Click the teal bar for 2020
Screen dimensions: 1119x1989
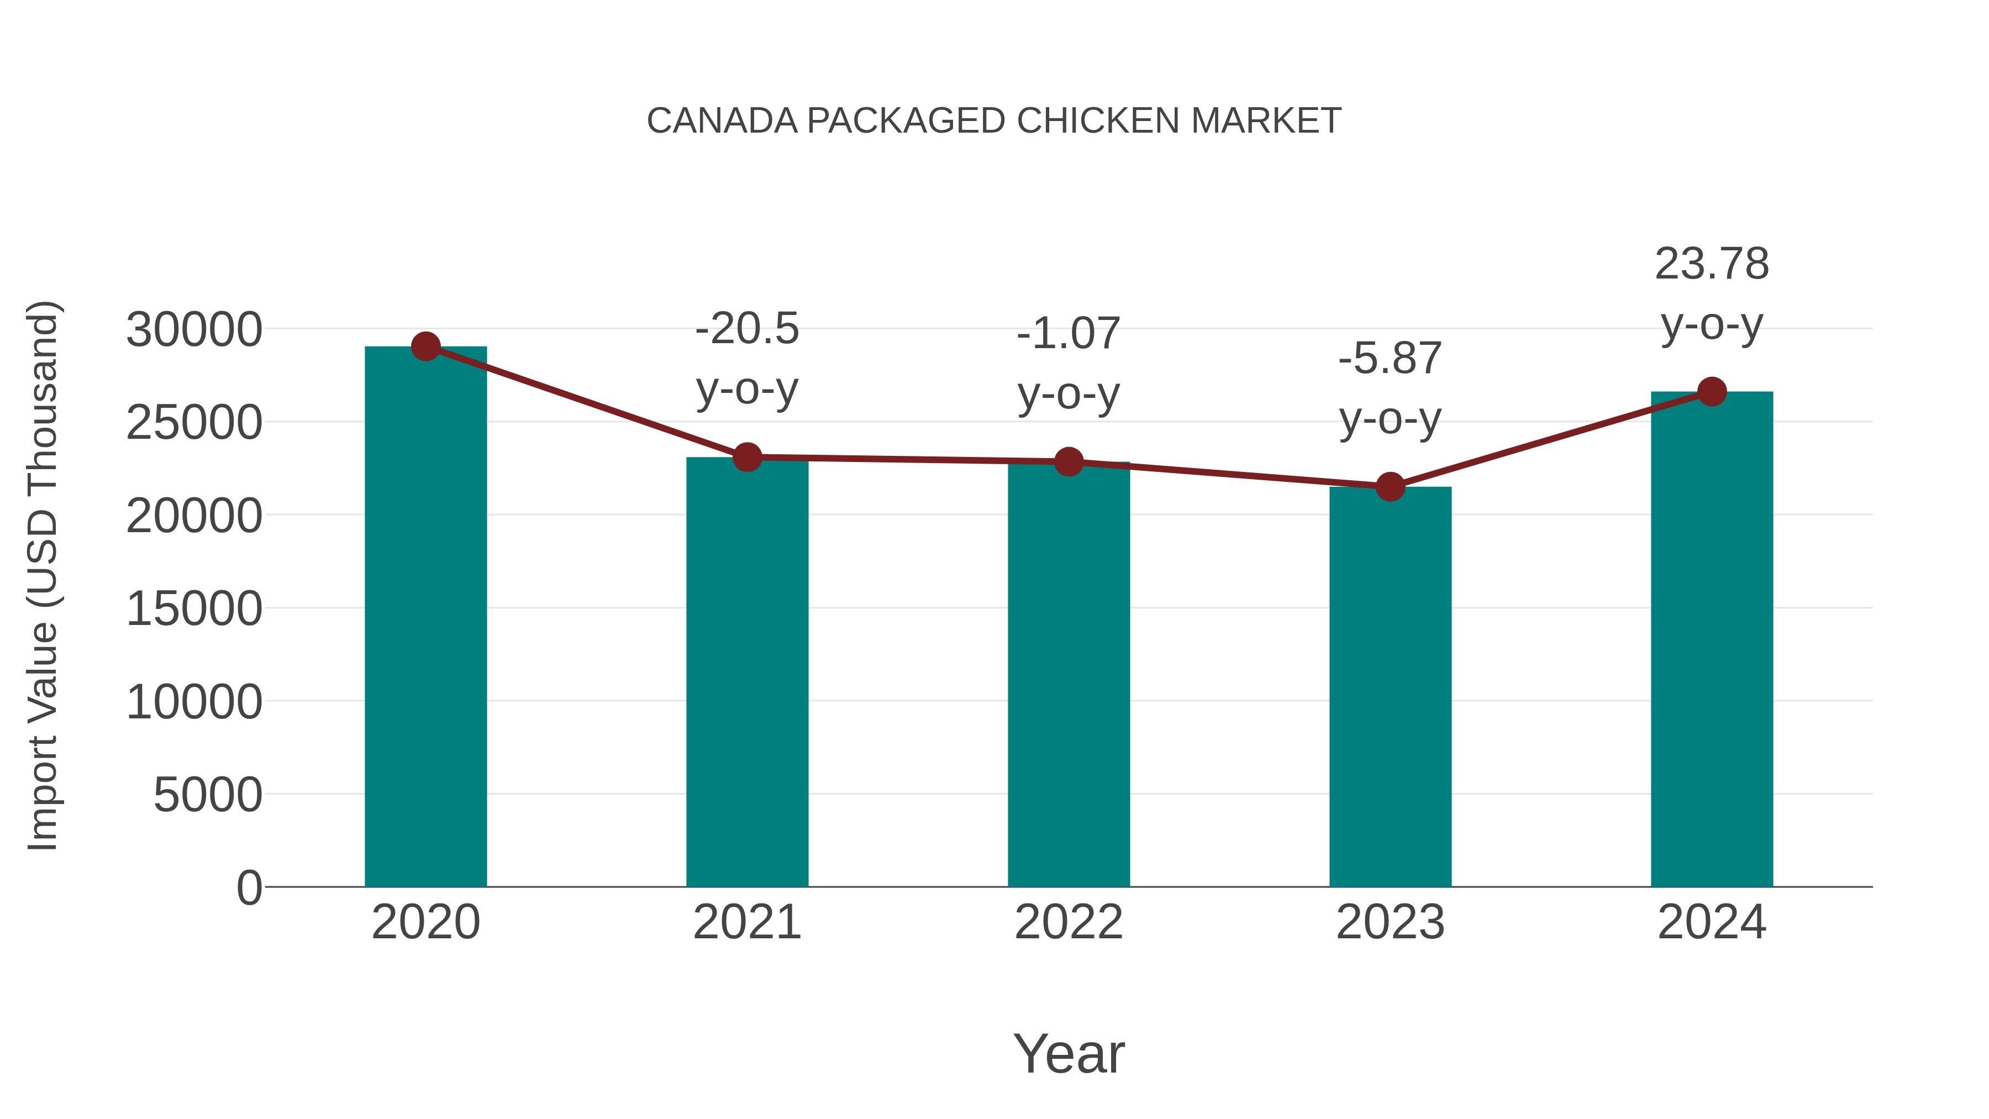[425, 618]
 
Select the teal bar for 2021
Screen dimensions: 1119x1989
[746, 672]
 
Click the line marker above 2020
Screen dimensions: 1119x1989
[425, 346]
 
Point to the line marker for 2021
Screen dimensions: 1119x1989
[746, 457]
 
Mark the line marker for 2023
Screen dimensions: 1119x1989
[1390, 486]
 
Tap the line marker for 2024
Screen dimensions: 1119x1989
[1712, 392]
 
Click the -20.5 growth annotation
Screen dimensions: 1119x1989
[746, 359]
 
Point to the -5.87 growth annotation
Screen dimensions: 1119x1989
[1390, 388]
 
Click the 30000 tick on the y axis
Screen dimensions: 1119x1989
[194, 330]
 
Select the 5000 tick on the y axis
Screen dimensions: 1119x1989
[208, 795]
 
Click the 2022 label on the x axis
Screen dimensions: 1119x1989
[1069, 922]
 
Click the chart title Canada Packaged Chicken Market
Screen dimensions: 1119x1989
[994, 121]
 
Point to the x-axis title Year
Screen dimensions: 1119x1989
[1069, 1053]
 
